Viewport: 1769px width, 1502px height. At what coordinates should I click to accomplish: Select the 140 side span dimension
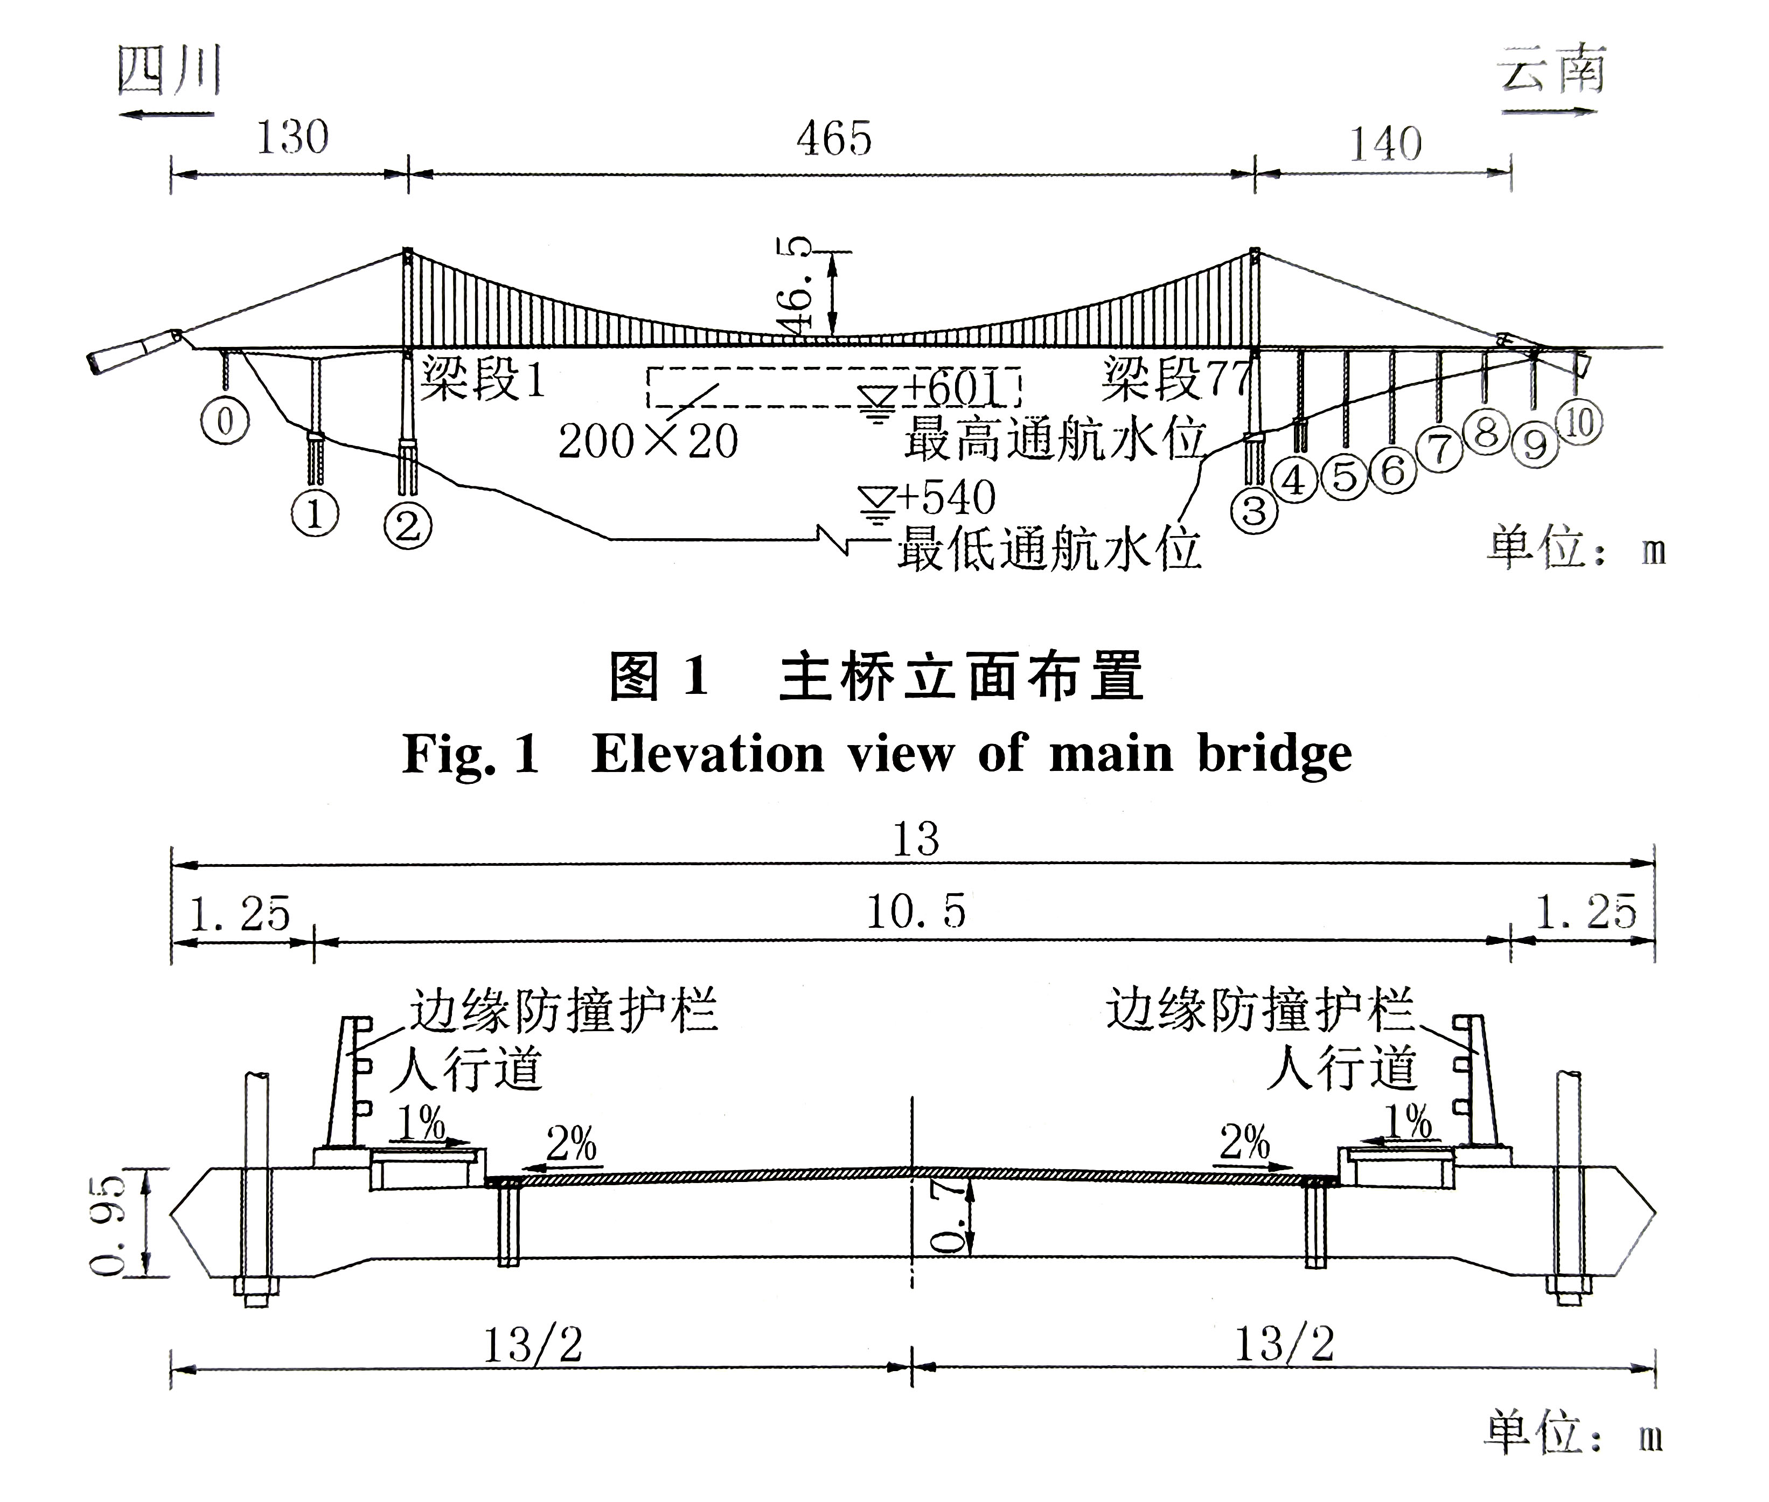click(1385, 143)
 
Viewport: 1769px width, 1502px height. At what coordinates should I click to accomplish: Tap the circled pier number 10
click(1579, 422)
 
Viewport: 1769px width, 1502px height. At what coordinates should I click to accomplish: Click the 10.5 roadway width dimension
click(916, 913)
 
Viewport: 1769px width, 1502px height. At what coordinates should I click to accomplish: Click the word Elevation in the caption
click(707, 754)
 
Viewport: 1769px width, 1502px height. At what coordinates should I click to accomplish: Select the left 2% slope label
click(571, 1144)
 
